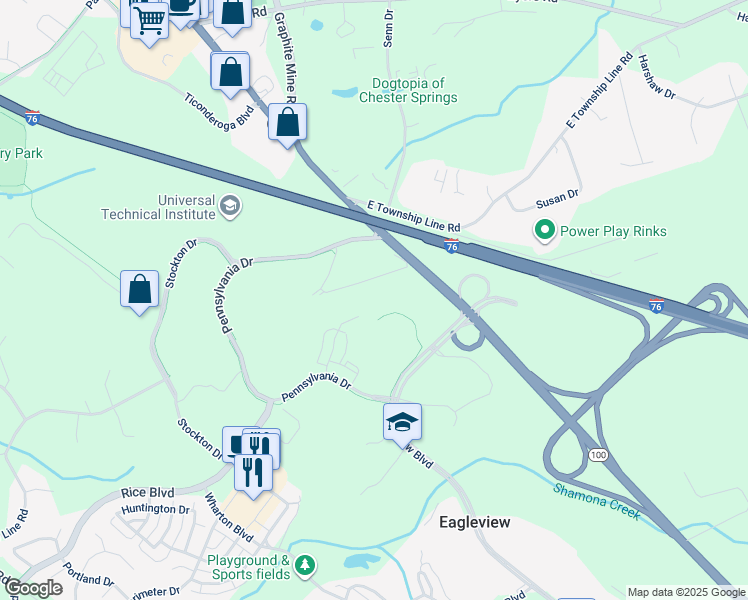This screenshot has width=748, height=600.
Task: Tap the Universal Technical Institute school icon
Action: click(x=230, y=207)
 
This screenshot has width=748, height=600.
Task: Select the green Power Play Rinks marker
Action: click(x=545, y=231)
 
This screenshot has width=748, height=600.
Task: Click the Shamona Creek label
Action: click(x=596, y=496)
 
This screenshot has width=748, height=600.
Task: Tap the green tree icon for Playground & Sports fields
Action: click(x=304, y=567)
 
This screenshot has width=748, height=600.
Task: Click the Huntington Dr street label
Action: click(x=155, y=509)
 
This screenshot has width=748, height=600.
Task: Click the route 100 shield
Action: click(x=598, y=455)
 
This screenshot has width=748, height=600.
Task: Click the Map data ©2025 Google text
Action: click(x=686, y=592)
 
